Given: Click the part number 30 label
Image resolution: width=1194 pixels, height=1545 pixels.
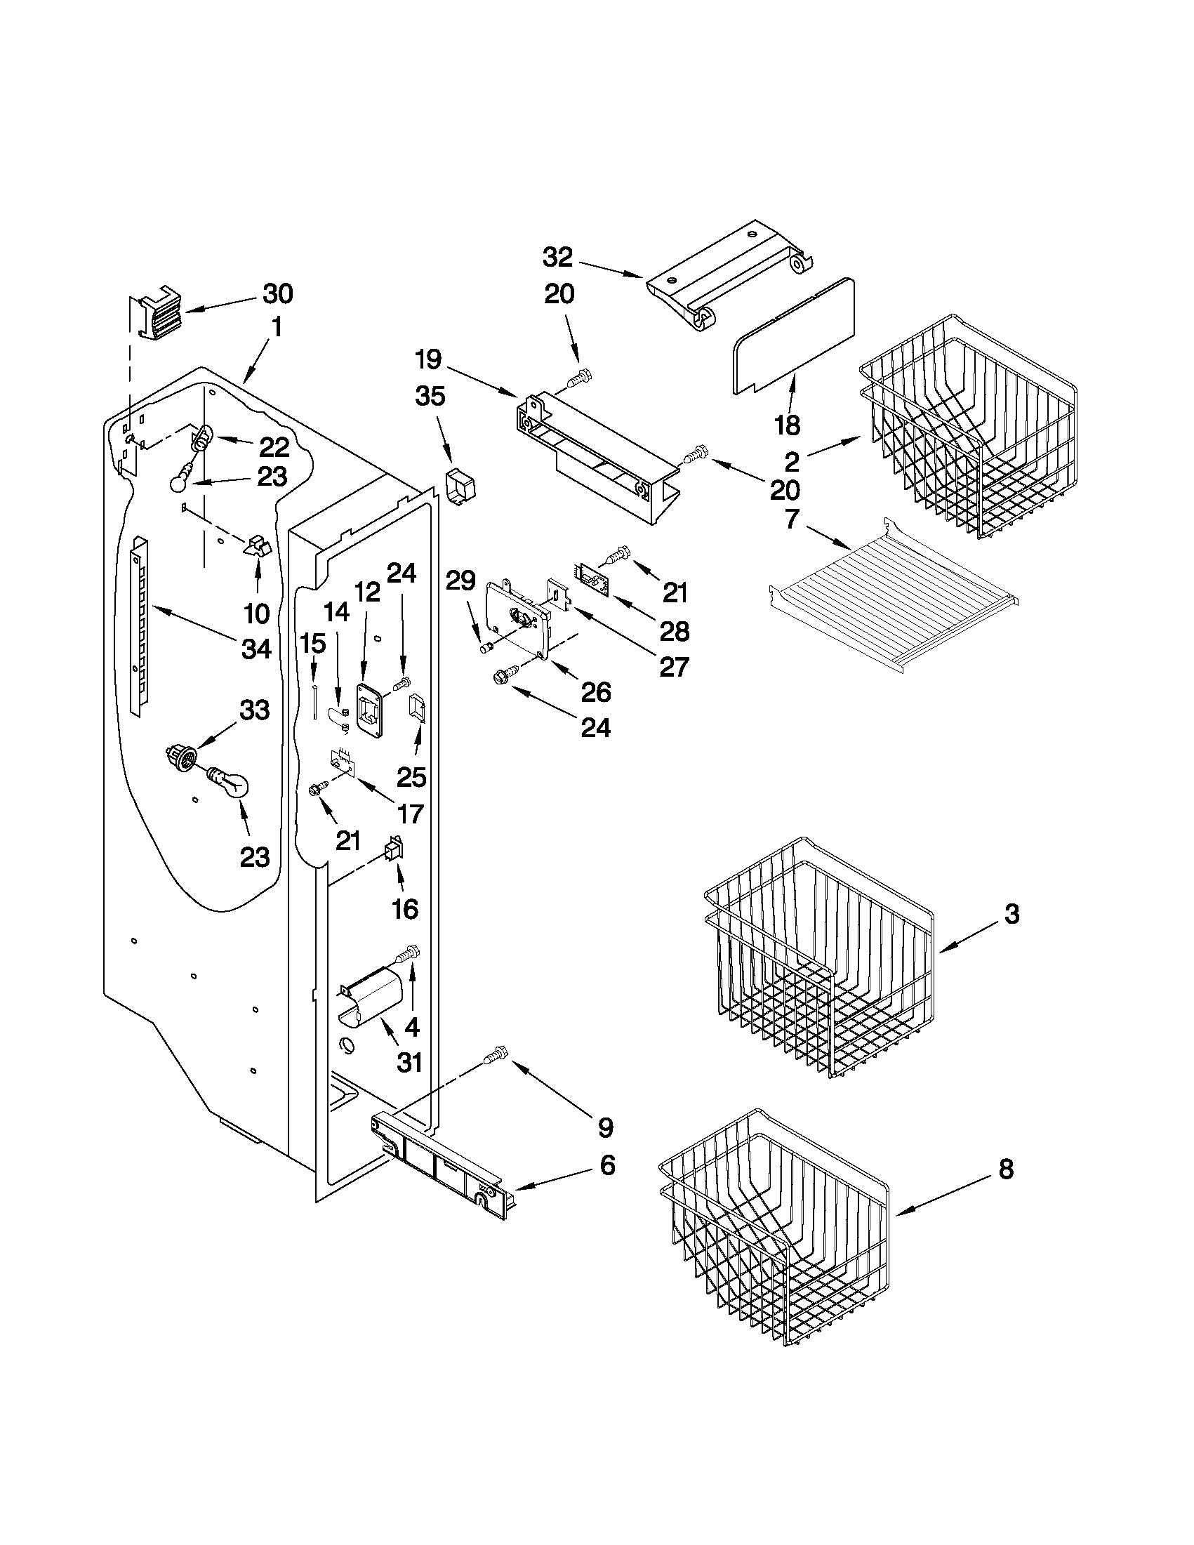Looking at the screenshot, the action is point(277,293).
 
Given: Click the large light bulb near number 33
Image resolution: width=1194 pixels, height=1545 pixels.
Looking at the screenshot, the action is point(229,785).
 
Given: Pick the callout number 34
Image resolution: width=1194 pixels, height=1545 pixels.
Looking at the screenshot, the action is point(256,648).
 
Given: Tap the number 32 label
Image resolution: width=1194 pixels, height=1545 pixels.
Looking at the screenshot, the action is point(557,257).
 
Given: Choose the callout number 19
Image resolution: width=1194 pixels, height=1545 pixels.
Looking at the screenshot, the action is point(429,359).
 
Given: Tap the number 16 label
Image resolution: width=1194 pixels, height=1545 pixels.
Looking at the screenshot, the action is point(404,909).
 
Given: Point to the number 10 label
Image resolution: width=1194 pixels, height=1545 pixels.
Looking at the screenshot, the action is point(257,614).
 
